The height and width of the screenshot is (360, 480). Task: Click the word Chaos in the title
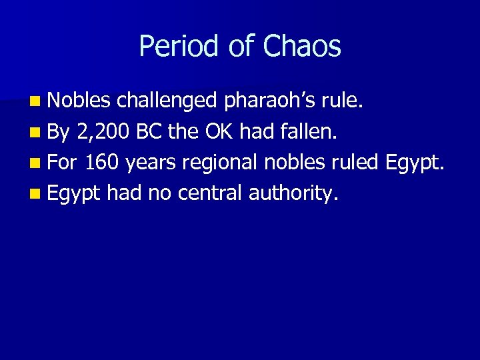302,47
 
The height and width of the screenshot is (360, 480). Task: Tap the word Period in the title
173,47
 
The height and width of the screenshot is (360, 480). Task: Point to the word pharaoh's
271,101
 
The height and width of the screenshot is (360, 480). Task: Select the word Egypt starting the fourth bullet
74,194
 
